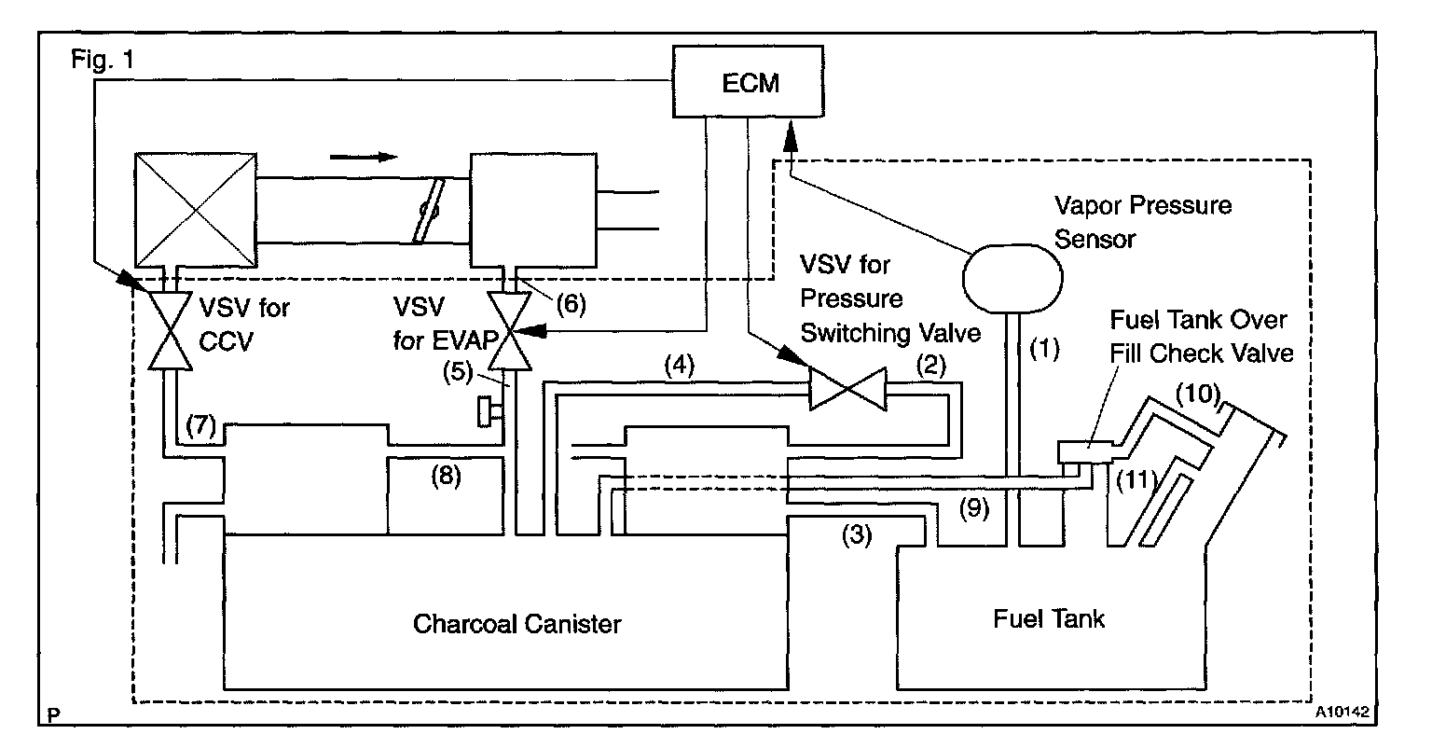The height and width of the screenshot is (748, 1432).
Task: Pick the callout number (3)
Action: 857,535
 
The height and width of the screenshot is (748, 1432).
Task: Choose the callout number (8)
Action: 446,475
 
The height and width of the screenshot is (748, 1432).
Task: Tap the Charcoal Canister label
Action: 516,623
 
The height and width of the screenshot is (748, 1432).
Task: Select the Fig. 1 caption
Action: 103,59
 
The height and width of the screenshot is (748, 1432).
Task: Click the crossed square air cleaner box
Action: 196,210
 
